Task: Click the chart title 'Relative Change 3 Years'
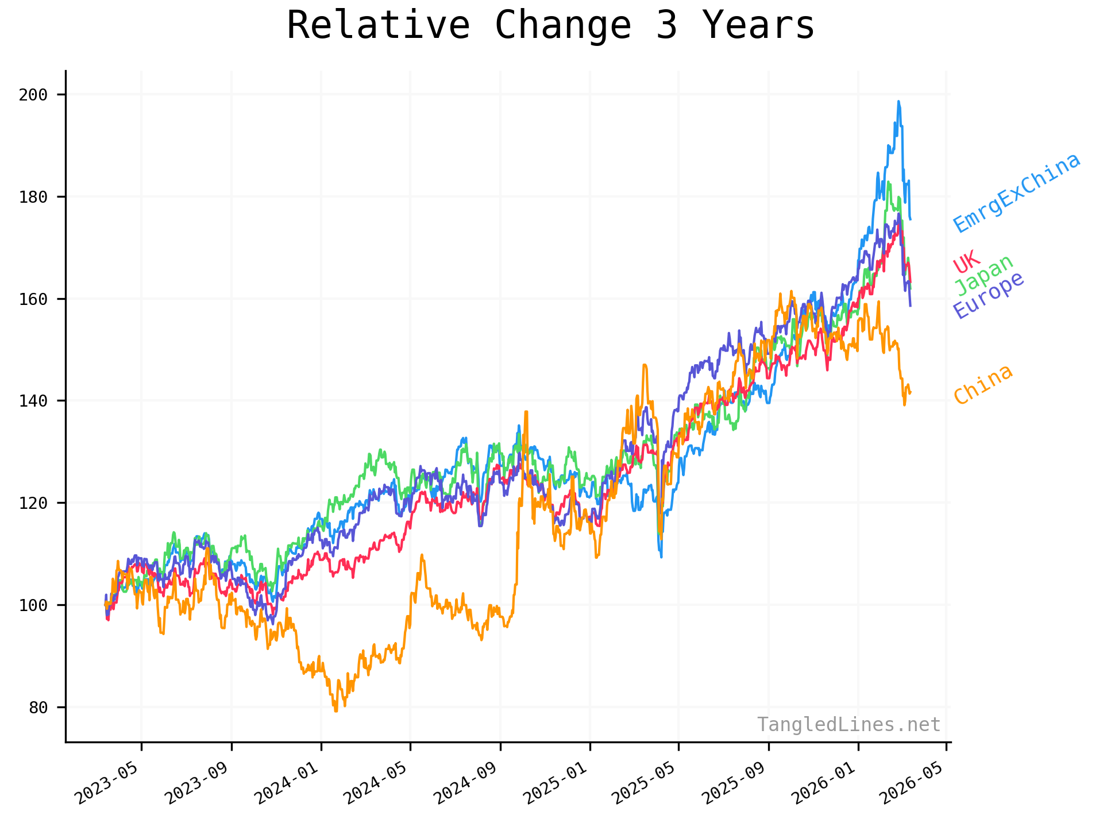coord(550,26)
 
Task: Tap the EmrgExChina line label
coord(1017,193)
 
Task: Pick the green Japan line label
coord(984,275)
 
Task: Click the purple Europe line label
coord(989,295)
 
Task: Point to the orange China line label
coord(983,384)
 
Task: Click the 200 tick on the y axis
coord(33,95)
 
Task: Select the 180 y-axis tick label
coord(33,197)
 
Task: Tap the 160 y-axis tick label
coord(33,299)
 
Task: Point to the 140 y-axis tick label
coord(33,401)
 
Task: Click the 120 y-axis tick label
coord(33,503)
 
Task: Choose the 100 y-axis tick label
coord(33,605)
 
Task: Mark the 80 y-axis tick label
coord(38,708)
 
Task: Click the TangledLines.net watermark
coord(849,725)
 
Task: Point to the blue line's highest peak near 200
coord(898,102)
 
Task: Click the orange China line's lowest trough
coord(336,711)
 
